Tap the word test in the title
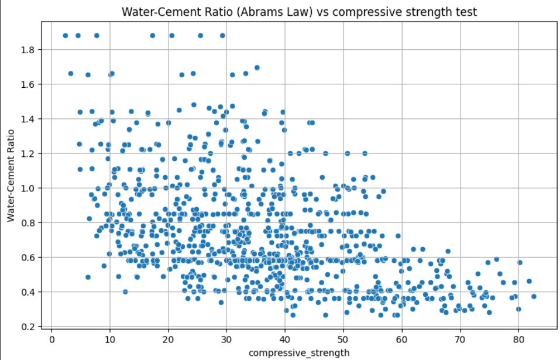[x=466, y=12]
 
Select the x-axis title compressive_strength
[x=299, y=353]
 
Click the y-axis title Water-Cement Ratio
[x=11, y=176]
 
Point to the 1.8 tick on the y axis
[x=29, y=50]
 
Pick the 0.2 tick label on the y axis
[x=29, y=327]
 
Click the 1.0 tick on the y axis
[x=29, y=188]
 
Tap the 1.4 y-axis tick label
[x=29, y=119]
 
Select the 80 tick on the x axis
[x=518, y=338]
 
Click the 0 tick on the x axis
[x=51, y=338]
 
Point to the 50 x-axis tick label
[x=343, y=338]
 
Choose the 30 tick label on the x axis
[x=227, y=338]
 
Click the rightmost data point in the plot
[x=534, y=296]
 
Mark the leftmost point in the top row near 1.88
[x=65, y=36]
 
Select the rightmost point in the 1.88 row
[x=222, y=36]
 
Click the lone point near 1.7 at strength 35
[x=257, y=67]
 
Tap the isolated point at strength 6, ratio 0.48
[x=88, y=277]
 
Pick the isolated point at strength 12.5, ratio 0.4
[x=125, y=292]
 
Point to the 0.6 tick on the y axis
[x=29, y=258]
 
